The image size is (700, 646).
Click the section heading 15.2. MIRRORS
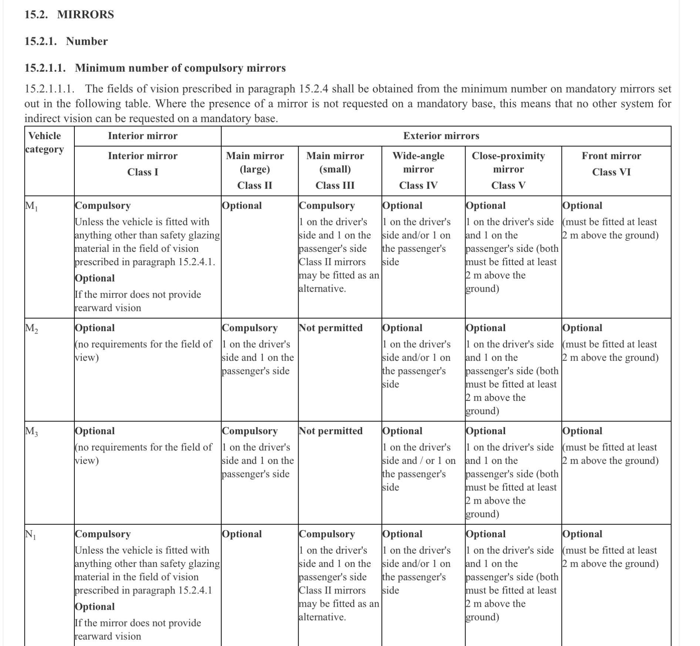[69, 14]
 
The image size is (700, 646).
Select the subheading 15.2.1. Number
[66, 41]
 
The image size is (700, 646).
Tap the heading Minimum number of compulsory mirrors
[155, 68]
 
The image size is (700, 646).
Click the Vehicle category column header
[45, 142]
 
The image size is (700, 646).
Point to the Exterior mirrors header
[441, 136]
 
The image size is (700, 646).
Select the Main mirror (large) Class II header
[255, 170]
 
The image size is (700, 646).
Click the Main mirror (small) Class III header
[335, 170]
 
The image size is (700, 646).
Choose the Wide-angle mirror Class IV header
[418, 170]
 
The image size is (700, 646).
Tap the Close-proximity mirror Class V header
[508, 170]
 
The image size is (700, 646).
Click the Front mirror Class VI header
[611, 163]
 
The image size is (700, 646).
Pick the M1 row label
[31, 206]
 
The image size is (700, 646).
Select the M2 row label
[31, 328]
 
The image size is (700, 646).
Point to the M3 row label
[31, 432]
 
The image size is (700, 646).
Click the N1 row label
[30, 535]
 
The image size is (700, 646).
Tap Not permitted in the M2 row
[330, 328]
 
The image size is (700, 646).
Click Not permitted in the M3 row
[330, 431]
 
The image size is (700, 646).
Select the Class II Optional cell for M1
[242, 206]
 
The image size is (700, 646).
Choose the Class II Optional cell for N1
[242, 534]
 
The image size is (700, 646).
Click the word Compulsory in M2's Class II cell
[250, 328]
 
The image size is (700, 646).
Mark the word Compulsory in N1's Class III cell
[327, 534]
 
